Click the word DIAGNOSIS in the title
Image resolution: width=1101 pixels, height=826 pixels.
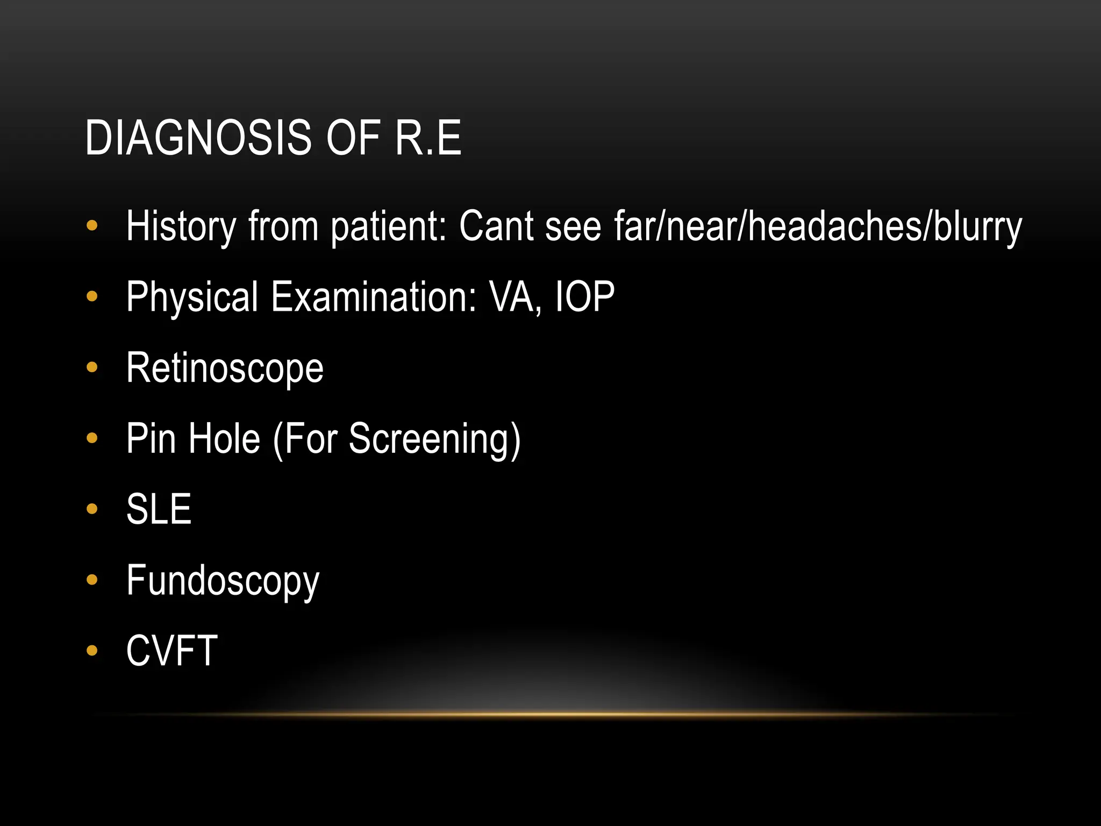pos(198,138)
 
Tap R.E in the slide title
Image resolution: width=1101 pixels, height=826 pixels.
pos(428,138)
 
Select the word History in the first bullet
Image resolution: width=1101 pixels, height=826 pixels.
pos(181,226)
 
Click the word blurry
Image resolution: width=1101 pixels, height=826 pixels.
pos(977,226)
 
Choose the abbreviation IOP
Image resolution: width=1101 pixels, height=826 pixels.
pos(584,297)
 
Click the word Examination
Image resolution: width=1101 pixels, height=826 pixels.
pos(373,297)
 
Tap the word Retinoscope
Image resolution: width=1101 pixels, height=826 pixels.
pos(225,368)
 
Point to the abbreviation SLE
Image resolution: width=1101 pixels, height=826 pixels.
pos(159,509)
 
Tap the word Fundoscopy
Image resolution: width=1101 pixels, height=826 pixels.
pos(223,581)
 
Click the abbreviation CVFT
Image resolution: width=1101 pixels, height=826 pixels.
pos(171,651)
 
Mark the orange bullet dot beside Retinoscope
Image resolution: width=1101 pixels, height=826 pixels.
pos(92,368)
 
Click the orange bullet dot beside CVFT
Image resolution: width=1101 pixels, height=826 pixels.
pos(92,651)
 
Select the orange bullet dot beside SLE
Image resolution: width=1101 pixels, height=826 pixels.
pos(92,509)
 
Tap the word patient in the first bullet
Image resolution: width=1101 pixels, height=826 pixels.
pos(388,226)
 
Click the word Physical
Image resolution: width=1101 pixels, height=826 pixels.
pos(192,297)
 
